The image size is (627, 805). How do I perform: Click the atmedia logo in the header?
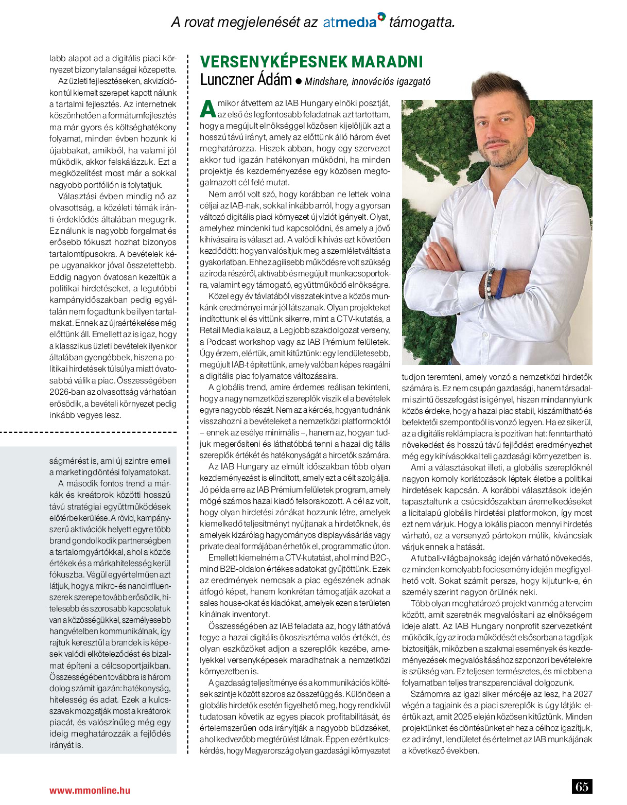pos(354,22)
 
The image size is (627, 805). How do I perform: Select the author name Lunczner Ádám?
pos(246,80)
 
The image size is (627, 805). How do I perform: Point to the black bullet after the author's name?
pos(298,81)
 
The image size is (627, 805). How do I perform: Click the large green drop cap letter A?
pos(207,109)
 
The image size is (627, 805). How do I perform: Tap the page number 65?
pos(582,786)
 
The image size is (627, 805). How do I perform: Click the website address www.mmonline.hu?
pos(90,790)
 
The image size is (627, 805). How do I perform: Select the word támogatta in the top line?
pos(422,22)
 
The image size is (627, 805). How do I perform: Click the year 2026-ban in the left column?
pos(70,392)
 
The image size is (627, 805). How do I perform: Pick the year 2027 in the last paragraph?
pos(582,694)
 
